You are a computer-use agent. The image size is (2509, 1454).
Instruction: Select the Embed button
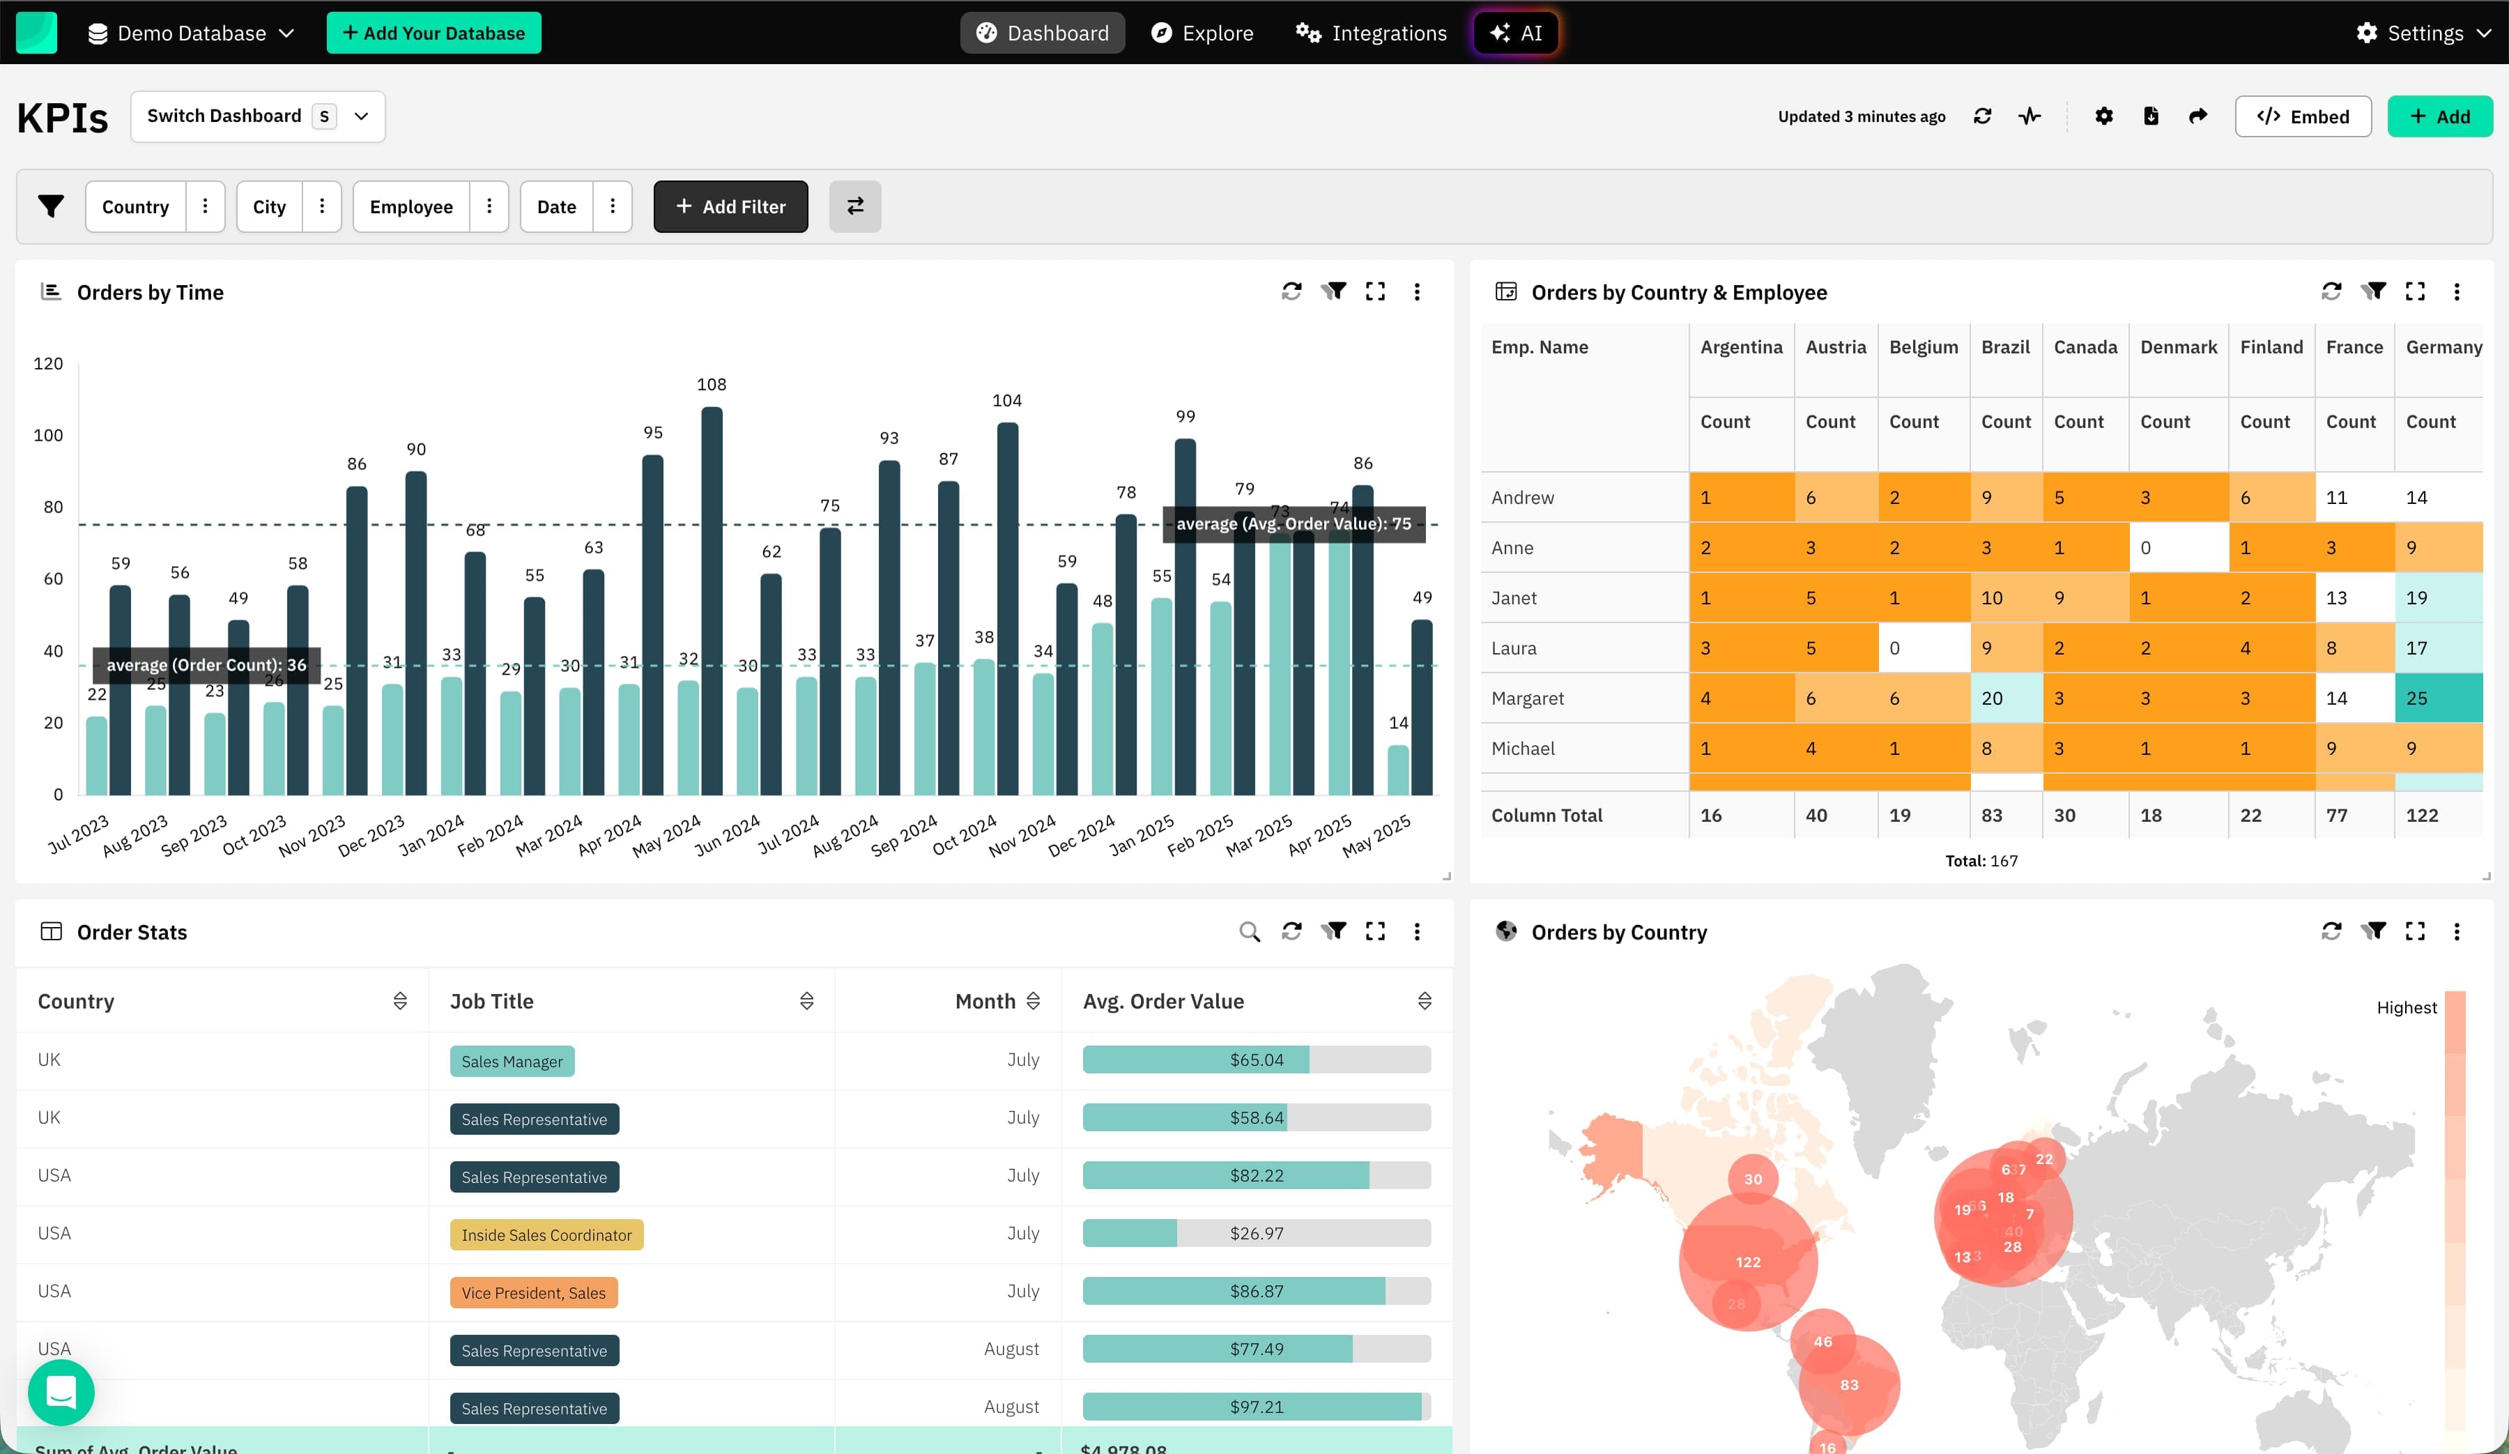coord(2302,116)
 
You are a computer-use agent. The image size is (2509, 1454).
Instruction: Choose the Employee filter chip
coord(411,206)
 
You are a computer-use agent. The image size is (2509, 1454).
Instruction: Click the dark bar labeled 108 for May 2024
coord(712,597)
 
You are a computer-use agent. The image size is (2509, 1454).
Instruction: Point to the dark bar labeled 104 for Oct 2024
coord(1008,608)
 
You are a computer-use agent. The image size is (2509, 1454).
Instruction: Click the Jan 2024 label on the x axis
coord(432,834)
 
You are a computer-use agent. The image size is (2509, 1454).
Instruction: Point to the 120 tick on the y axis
coord(48,364)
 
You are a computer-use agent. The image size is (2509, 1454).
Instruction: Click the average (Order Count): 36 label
coord(206,665)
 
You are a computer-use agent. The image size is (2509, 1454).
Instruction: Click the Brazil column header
coord(2004,346)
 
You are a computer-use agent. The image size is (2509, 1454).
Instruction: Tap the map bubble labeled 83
coord(1849,1384)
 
